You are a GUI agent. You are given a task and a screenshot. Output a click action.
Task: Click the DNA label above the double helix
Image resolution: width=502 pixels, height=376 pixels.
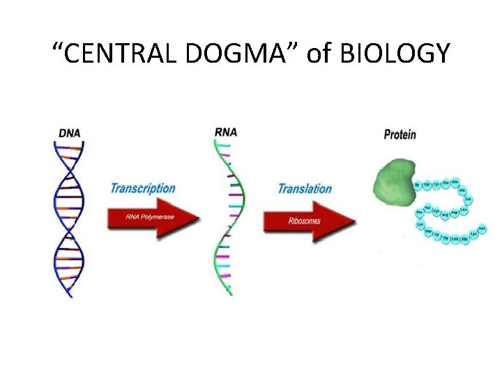tap(69, 131)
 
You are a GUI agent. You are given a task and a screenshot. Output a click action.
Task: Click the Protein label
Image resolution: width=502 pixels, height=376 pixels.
tap(400, 134)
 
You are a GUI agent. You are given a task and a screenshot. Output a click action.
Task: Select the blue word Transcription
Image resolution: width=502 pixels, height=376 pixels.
tap(142, 188)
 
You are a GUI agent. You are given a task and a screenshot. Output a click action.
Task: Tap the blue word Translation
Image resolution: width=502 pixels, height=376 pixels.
tap(305, 189)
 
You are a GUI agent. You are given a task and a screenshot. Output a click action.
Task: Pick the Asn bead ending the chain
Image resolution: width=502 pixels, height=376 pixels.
tap(482, 229)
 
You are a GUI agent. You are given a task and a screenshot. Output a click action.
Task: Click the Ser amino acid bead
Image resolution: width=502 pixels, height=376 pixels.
tap(468, 199)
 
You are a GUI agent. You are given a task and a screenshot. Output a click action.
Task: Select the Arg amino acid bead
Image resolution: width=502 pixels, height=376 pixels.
tap(444, 215)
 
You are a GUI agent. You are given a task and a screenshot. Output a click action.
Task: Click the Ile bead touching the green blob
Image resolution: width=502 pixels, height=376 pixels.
tap(418, 186)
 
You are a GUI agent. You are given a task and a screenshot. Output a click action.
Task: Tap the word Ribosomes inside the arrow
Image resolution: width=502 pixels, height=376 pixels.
tap(305, 221)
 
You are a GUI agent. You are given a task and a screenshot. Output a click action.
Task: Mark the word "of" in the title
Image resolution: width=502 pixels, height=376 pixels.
tap(317, 53)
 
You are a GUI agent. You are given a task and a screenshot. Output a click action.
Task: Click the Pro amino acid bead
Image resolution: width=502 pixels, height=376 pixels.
tap(419, 212)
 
